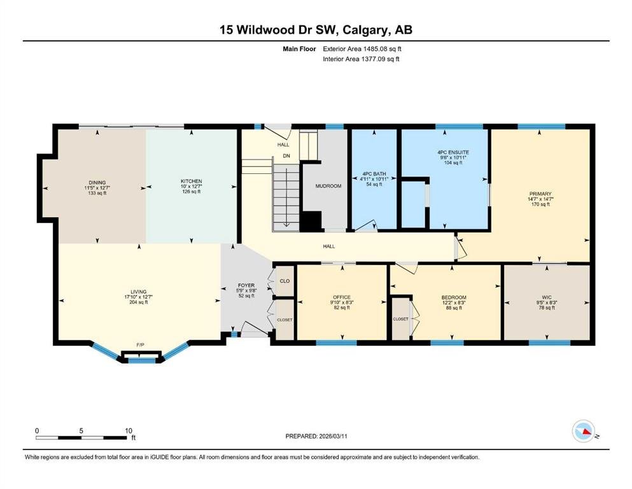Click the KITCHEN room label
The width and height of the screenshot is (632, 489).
191,181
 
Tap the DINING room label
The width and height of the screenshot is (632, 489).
97,183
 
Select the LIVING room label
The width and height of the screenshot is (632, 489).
138,292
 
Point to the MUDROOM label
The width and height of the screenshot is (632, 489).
328,187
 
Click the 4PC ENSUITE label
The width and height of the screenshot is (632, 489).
453,152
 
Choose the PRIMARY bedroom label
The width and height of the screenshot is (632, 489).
540,194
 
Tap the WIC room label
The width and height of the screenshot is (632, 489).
547,297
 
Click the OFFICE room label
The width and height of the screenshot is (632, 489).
342,297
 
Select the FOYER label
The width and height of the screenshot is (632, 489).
246,285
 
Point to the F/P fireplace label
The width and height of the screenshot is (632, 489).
140,344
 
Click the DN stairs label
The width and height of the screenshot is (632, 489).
286,156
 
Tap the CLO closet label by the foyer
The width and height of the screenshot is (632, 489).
284,281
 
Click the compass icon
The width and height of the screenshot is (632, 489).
583,431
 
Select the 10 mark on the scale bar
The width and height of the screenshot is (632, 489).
129,430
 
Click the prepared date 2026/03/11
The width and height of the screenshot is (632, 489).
333,436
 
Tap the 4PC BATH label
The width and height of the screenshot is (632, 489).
374,174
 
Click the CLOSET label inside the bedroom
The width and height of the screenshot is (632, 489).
400,319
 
